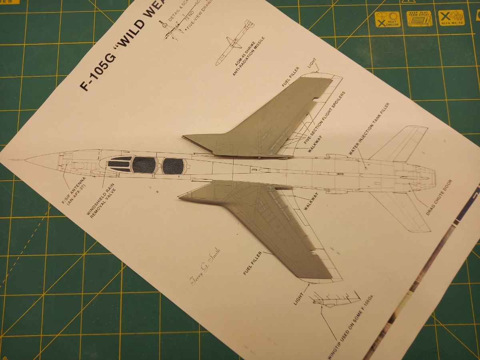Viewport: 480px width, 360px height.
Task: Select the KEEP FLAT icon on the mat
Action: [419, 18]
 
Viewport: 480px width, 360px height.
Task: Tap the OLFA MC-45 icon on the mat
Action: [451, 18]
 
